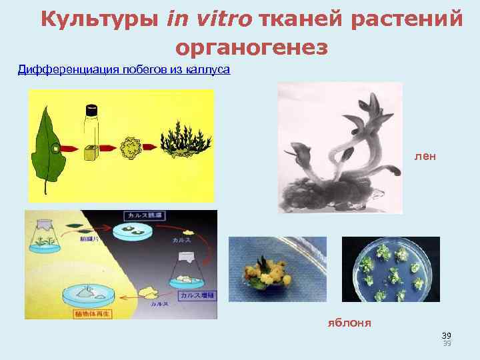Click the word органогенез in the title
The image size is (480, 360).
[251, 47]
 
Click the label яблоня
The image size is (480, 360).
[349, 323]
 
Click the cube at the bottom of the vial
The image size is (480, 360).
[90, 153]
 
